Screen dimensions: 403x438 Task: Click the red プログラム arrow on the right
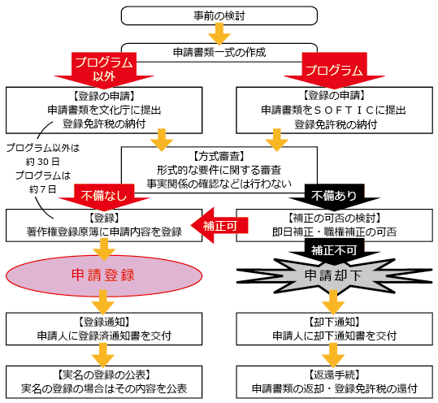335,70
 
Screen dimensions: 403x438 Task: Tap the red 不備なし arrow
102,196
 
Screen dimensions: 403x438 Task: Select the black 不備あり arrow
334,196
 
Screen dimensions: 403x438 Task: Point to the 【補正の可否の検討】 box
334,225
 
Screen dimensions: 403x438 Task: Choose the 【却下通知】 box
334,328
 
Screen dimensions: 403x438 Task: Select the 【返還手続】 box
334,381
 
